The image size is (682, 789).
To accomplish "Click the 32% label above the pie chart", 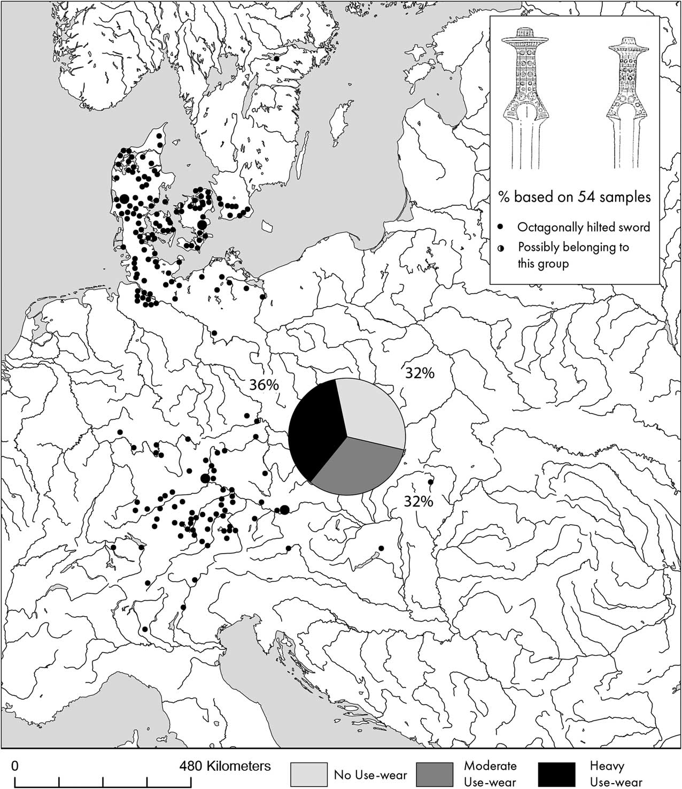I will (x=419, y=373).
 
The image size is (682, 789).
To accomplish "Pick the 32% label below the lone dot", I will (x=418, y=501).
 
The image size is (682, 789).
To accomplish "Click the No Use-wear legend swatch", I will (x=308, y=774).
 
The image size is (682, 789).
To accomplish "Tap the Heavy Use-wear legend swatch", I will (x=557, y=774).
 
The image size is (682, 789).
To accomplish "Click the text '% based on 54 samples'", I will (x=575, y=197).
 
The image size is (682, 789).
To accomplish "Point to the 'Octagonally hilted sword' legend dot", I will (x=501, y=227).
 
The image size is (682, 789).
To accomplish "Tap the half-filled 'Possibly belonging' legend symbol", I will (x=501, y=248).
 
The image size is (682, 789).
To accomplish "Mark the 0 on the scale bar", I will (x=15, y=765).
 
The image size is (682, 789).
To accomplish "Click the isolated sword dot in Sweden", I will (x=276, y=58).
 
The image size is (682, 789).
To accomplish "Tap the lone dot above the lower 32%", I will (x=431, y=482).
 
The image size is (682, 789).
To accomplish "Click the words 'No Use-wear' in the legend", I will (x=370, y=775).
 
